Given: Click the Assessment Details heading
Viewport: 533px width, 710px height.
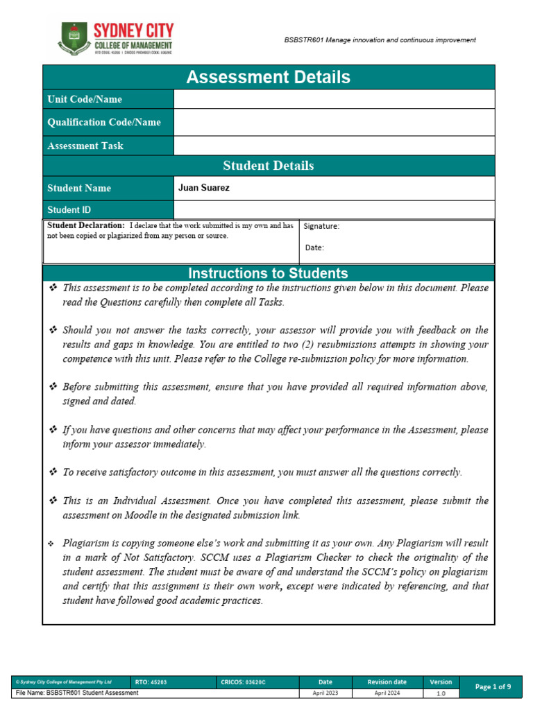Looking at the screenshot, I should coord(268,77).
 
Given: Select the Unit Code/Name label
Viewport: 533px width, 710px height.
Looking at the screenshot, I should coord(85,99).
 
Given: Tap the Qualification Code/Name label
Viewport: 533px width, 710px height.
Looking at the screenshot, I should coord(103,122).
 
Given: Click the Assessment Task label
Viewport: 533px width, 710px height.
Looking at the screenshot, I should coord(85,146).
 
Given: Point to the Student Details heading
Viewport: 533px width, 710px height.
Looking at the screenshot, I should coord(268,166).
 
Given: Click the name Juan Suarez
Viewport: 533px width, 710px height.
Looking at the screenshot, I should coord(204,188).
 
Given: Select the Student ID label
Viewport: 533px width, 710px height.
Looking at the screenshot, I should coord(69,209).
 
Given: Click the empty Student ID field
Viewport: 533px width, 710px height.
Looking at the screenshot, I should coord(334,209).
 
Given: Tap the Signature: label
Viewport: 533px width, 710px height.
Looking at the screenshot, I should coord(321,226).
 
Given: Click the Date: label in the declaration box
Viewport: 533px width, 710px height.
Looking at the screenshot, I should coord(314,247).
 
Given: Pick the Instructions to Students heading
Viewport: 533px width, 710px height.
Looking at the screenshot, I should coord(268,273).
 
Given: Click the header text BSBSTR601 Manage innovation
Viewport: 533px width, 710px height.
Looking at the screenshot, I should coord(380,40).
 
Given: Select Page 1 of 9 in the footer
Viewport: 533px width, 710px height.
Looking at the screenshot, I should coord(493,686).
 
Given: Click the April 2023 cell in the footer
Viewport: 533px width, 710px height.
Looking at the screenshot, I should coord(325,693).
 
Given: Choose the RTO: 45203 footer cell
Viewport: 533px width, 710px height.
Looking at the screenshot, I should coord(151,682).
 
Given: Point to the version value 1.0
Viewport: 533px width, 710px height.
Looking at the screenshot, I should coord(441,693).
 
